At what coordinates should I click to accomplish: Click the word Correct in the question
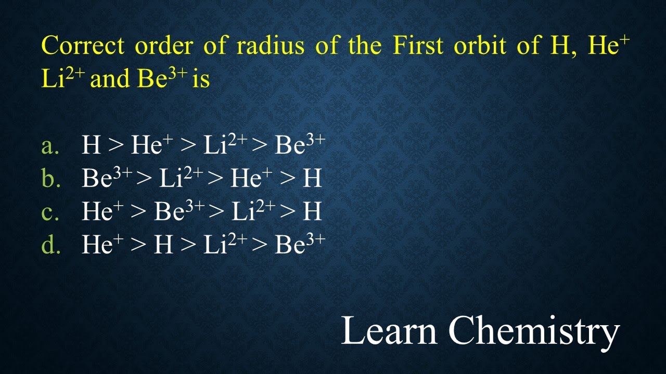[x=83, y=46]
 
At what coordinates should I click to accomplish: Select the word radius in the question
[x=271, y=46]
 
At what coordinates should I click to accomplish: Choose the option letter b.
[x=50, y=179]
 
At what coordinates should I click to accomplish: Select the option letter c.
[x=49, y=212]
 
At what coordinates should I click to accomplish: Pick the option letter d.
[x=50, y=245]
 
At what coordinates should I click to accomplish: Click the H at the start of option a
[x=91, y=146]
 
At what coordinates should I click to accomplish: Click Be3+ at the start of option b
[x=107, y=178]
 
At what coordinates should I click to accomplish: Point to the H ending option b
[x=313, y=179]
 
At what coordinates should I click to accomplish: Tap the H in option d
[x=163, y=245]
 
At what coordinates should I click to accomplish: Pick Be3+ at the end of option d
[x=300, y=244]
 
